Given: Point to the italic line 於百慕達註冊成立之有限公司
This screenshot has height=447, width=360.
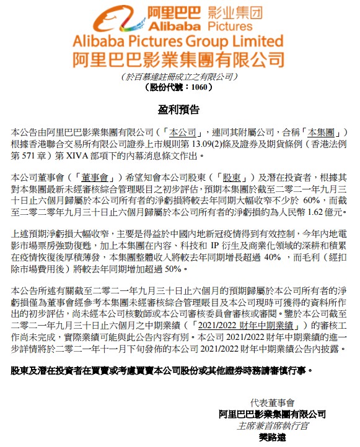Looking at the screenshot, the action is click(x=180, y=77).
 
